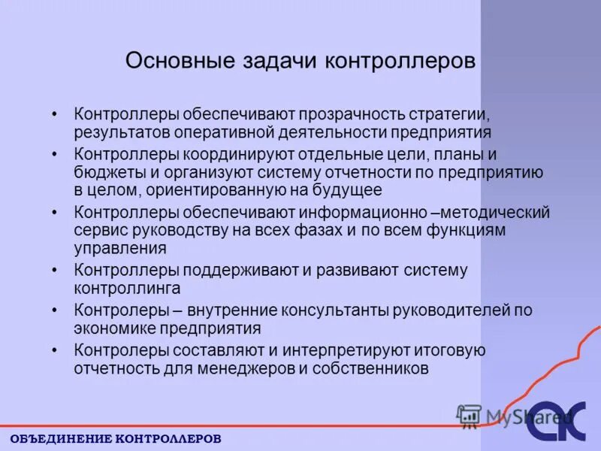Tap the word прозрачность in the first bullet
coord(354,115)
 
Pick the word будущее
coord(344,190)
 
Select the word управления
coord(120,248)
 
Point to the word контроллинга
coord(127,288)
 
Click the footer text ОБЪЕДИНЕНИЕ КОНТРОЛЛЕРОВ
coord(116,437)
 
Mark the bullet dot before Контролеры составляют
coord(54,350)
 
